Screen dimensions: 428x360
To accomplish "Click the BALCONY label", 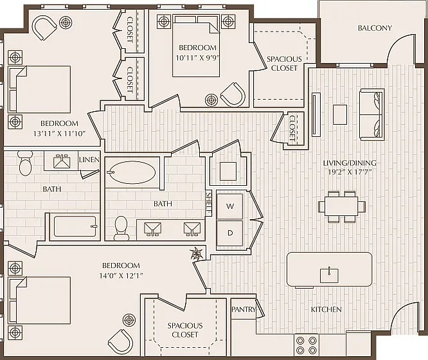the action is pos(375,28).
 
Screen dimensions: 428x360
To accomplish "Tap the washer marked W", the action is pos(230,206).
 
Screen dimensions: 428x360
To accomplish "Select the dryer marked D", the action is pos(230,233).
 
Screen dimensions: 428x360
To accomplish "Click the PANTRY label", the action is pos(244,309).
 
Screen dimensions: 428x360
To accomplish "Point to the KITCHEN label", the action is pos(326,309).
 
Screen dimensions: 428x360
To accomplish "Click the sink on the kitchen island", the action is pos(329,275).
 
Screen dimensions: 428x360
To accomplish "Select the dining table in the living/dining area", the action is pos(341,207).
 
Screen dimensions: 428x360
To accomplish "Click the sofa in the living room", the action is pos(371,114).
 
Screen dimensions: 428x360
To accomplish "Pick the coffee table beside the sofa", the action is pos(340,114).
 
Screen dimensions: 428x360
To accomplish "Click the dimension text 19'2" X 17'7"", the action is pos(350,172).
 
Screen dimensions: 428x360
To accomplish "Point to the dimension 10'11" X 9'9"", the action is pos(197,59).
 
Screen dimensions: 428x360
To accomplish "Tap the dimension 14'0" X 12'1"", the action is pos(121,275).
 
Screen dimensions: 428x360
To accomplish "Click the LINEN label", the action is pos(89,159).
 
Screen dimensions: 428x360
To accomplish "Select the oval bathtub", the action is pos(130,173).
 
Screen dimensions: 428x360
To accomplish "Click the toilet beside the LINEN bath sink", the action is pos(26,163).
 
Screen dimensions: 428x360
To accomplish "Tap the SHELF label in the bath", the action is pos(208,203).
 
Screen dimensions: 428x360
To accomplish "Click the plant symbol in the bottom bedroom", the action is pos(196,253).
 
